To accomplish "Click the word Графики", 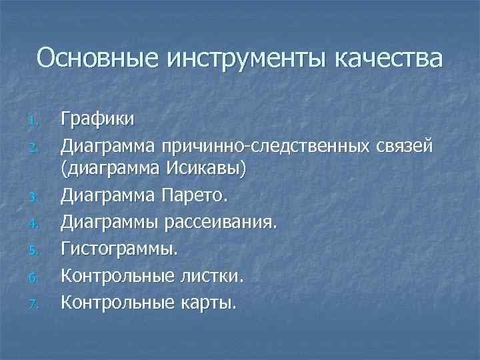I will point(98,120).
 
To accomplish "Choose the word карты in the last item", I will point(207,303).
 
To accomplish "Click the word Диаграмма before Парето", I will point(108,195).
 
